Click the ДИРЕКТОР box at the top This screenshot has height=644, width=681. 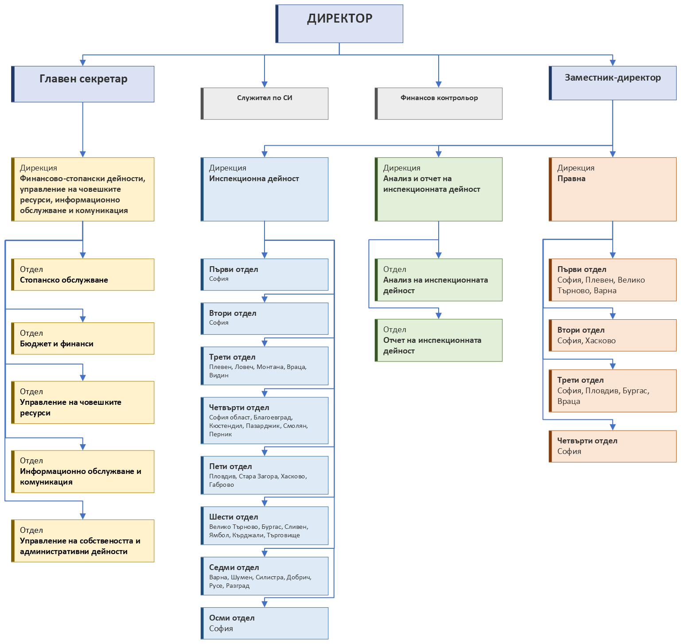click(339, 24)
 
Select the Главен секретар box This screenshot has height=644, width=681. click(83, 84)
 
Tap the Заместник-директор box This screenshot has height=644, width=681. click(613, 83)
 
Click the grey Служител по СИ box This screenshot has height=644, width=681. click(265, 104)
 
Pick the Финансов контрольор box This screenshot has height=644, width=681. click(439, 104)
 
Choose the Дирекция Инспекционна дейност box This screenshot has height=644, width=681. click(265, 189)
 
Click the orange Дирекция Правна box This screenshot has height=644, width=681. click(613, 189)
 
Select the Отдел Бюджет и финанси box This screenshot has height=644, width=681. click(83, 338)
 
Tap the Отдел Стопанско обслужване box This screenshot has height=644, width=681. click(83, 275)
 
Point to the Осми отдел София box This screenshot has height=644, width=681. click(265, 623)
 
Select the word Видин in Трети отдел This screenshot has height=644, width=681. click(219, 375)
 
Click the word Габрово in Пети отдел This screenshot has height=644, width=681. click(222, 485)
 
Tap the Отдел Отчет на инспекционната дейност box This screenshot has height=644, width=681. click(439, 340)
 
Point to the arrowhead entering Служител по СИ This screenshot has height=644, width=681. click(265, 85)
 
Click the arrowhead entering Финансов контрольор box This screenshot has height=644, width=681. click(439, 85)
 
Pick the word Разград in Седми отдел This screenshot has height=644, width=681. click(238, 586)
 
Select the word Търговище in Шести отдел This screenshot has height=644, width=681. click(284, 535)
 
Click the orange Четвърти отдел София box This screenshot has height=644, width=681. click(613, 446)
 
